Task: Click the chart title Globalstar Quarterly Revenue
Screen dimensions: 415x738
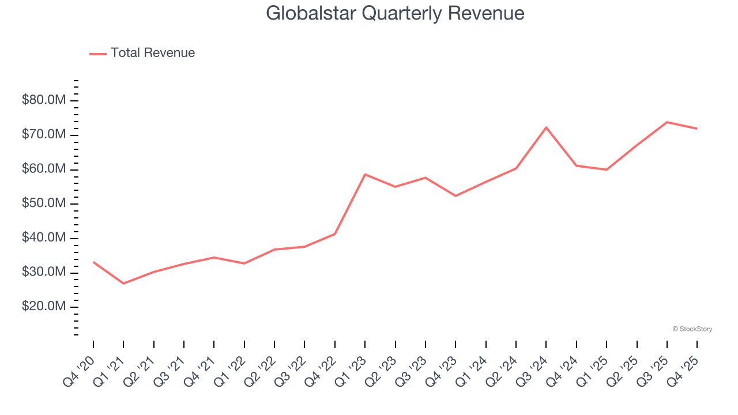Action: pos(395,13)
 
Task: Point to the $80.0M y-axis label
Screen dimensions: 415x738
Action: pos(44,101)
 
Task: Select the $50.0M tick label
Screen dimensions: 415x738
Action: pos(44,203)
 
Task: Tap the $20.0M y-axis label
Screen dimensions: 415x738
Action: pos(44,307)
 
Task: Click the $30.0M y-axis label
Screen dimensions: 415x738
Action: pos(44,272)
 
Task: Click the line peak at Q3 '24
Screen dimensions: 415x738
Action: pos(546,127)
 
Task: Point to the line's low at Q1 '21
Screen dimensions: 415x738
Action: pos(123,284)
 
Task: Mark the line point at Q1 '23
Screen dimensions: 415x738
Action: pos(365,174)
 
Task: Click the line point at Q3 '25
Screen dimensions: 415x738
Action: pos(667,122)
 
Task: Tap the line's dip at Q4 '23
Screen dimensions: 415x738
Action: pos(455,196)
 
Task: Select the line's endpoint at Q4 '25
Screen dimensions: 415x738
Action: pos(697,129)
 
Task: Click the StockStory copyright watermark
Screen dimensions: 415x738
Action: pos(692,329)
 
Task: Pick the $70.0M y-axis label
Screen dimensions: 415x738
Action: pos(44,135)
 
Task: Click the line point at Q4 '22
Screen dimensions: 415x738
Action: pos(335,234)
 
